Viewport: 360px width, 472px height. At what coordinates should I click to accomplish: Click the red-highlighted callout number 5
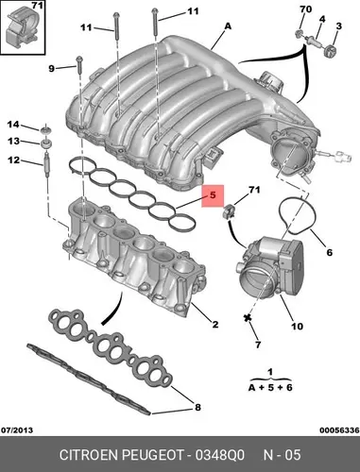click(213, 195)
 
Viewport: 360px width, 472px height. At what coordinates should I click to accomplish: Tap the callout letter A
click(228, 26)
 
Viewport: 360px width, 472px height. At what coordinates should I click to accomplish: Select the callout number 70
click(305, 9)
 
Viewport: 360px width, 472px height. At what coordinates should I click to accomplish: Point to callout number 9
click(52, 68)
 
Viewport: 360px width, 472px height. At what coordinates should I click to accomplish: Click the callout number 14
click(13, 125)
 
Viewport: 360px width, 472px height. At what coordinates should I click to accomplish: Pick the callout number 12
click(13, 160)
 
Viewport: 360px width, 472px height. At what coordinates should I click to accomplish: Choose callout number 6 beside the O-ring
click(330, 252)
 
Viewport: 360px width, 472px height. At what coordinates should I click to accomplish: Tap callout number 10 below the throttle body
click(297, 327)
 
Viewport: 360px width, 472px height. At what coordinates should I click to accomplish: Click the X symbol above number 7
click(248, 317)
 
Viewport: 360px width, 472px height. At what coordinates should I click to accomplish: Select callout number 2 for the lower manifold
click(215, 324)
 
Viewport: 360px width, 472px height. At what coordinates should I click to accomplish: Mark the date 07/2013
click(17, 430)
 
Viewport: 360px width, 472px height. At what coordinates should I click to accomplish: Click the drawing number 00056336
click(339, 430)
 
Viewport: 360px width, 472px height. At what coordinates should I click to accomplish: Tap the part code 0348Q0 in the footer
click(219, 455)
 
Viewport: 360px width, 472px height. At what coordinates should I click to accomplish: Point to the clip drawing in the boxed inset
click(22, 29)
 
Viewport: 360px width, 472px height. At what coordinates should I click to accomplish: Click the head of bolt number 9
click(79, 59)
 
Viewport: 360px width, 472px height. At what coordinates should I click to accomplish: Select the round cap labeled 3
click(330, 50)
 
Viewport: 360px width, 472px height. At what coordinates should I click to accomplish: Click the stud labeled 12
click(46, 164)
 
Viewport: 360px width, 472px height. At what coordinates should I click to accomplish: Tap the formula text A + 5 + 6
click(270, 387)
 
